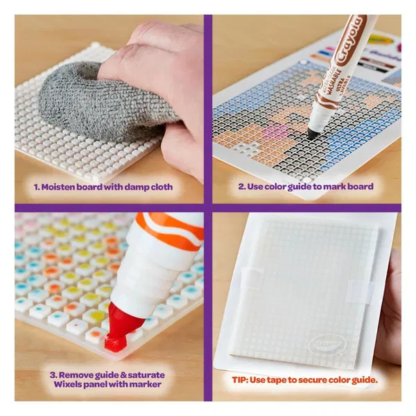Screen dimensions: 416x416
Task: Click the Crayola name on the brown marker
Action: tap(349, 40)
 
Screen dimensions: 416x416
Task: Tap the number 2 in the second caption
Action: tap(241, 187)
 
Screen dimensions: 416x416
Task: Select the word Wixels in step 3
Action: tap(67, 384)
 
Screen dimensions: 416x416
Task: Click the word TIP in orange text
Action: tap(240, 380)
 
